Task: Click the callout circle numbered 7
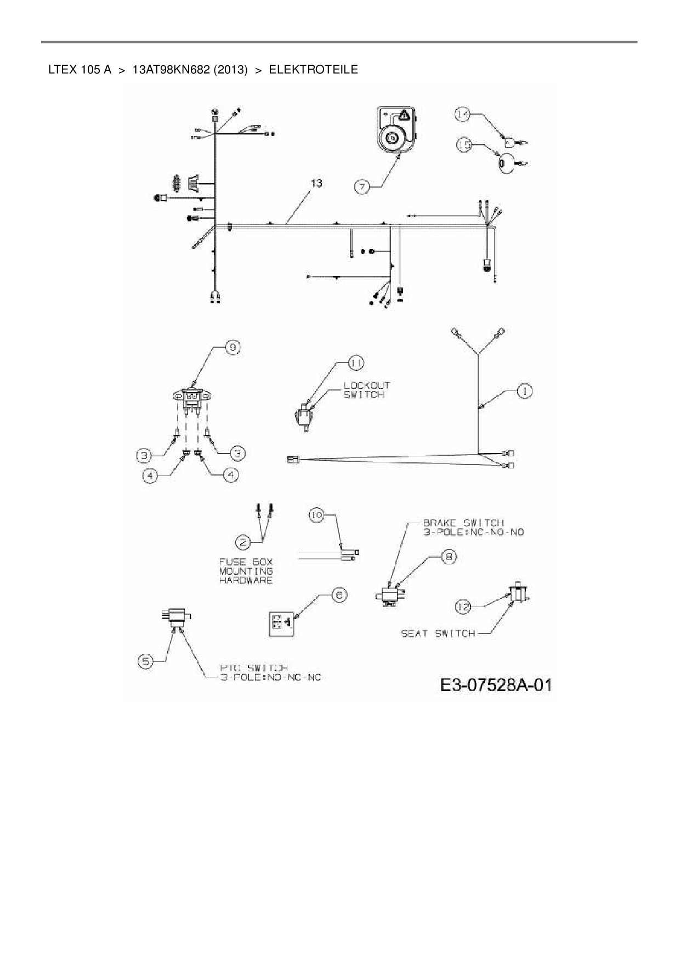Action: coord(362,187)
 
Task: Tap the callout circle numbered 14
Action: coord(462,114)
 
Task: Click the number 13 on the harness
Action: coord(316,183)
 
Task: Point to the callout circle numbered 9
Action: coord(233,348)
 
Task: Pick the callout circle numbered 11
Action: coord(356,363)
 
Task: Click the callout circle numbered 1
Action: coord(525,391)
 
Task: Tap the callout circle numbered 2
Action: coord(243,542)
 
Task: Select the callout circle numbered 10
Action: coord(316,515)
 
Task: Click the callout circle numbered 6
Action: coord(339,595)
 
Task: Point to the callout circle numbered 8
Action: coord(449,557)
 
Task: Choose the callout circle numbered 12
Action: coord(463,606)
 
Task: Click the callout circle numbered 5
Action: coord(145,662)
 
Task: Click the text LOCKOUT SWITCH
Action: coord(366,390)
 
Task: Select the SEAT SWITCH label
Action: coord(438,634)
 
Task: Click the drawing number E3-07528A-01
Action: coord(496,686)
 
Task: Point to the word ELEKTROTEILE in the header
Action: coord(313,70)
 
